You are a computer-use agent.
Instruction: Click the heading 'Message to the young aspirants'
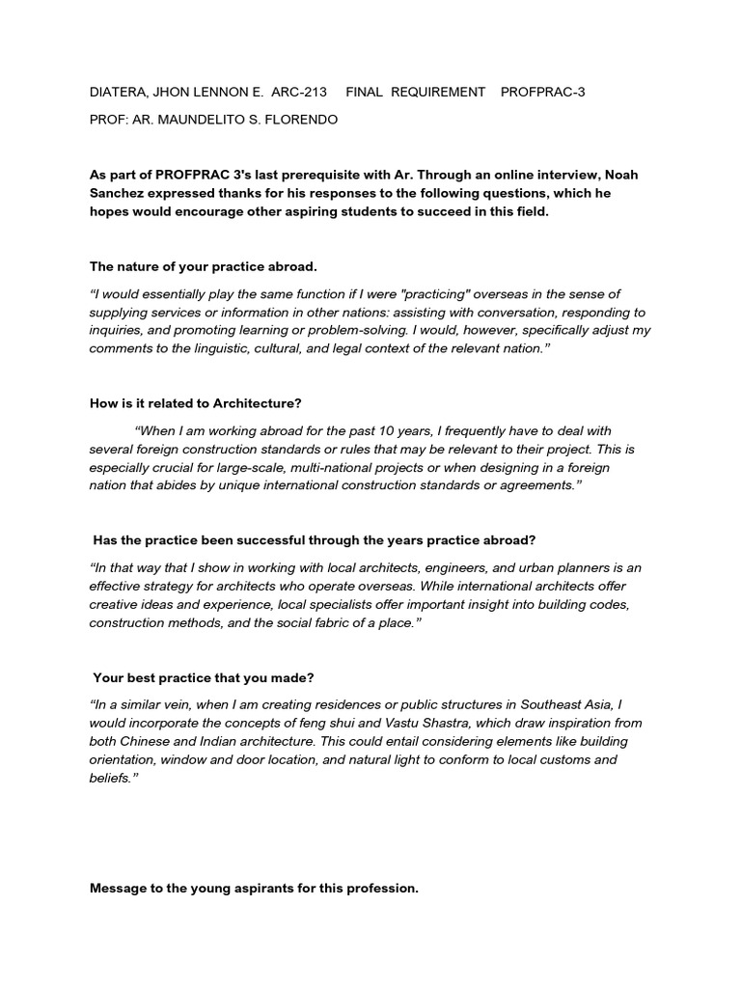tap(254, 889)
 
